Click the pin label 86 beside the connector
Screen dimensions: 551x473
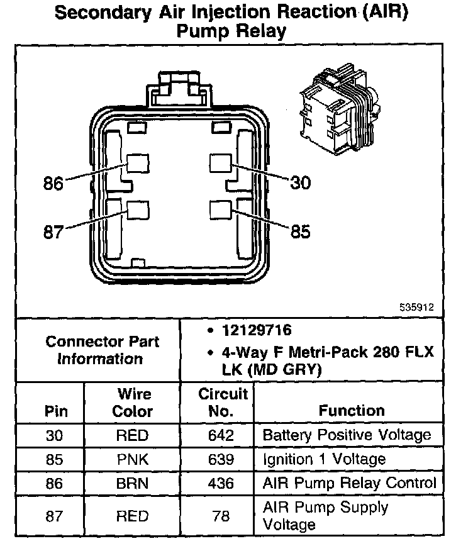(x=54, y=184)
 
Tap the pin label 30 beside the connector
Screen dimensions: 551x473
(x=300, y=182)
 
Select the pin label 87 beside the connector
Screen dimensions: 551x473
(x=54, y=232)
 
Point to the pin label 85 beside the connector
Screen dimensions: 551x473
(x=300, y=232)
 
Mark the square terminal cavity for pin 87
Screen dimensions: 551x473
(x=137, y=210)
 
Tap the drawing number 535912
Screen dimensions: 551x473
(x=416, y=308)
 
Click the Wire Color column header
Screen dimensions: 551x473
(x=133, y=403)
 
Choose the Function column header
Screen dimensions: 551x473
(x=352, y=411)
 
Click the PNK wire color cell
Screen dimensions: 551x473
(x=133, y=459)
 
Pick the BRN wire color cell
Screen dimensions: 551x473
(x=133, y=483)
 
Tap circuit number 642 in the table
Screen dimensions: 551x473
(x=221, y=435)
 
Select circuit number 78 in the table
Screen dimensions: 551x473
(x=221, y=516)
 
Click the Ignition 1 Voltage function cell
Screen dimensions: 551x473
(x=324, y=459)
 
